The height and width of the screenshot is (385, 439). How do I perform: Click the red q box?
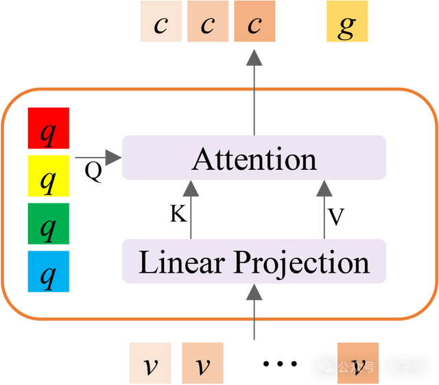click(x=48, y=128)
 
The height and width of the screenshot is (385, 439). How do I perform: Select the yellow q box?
click(x=48, y=176)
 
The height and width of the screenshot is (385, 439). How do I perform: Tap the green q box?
click(x=48, y=223)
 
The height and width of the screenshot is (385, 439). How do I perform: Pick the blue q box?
click(x=48, y=271)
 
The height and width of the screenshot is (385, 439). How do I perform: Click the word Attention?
click(x=254, y=159)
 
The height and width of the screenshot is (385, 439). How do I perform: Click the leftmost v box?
click(x=150, y=363)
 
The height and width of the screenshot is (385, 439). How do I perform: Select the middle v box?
click(x=202, y=363)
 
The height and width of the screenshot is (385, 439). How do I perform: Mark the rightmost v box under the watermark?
click(x=358, y=363)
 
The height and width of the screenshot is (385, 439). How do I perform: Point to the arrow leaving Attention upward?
click(x=254, y=89)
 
